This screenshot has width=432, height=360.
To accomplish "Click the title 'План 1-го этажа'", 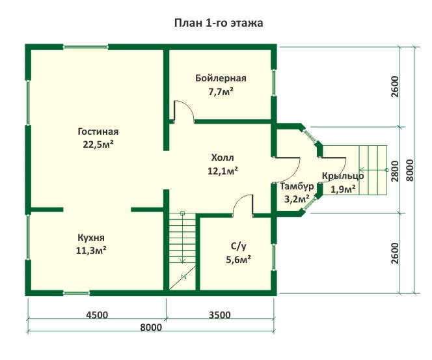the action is (219, 23).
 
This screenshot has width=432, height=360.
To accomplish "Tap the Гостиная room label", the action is (98, 132).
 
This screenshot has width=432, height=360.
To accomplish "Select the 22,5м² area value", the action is (98, 145).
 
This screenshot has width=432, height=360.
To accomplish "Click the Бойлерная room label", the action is (221, 78).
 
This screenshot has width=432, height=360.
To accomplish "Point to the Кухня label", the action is (91, 238).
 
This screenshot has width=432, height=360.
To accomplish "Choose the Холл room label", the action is (223, 158).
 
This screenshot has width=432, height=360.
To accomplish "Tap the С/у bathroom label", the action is (239, 246).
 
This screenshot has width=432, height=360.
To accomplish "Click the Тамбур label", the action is (297, 187).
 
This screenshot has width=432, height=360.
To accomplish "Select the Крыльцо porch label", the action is (343, 176).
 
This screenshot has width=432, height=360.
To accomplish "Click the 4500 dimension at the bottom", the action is (97, 314).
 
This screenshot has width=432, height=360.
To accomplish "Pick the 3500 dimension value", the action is (220, 314).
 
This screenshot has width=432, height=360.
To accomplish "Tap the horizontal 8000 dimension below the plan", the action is (151, 327).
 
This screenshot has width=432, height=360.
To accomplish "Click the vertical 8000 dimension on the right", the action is (410, 170).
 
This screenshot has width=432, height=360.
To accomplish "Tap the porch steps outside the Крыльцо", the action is (373, 170).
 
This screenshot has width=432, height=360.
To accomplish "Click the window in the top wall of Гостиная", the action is (86, 48).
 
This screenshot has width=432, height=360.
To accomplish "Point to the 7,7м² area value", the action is (221, 92).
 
